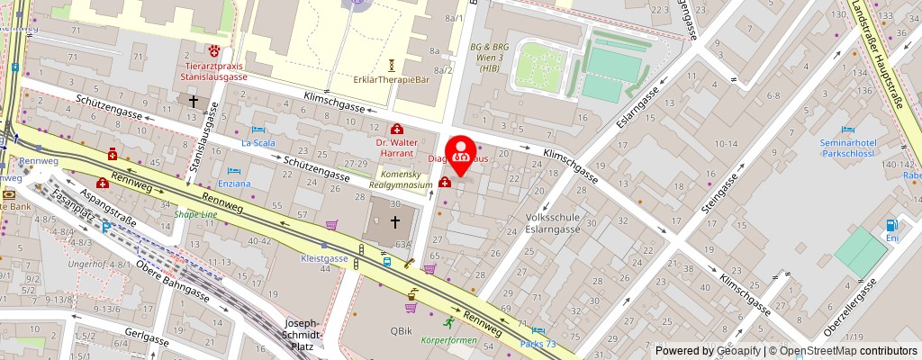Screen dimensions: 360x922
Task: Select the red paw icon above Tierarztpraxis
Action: (x=214, y=50)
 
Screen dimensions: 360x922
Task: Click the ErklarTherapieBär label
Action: (x=392, y=79)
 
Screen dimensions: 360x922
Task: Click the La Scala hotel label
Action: (x=258, y=142)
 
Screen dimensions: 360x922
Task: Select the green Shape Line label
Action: (x=195, y=214)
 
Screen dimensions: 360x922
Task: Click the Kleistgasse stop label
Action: (x=323, y=258)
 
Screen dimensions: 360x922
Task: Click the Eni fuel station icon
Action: (x=892, y=225)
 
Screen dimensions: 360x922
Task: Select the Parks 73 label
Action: (x=543, y=345)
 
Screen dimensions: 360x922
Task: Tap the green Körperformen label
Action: (x=448, y=341)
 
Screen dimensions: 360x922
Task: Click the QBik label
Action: (x=401, y=330)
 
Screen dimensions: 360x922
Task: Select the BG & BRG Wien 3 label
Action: (x=490, y=57)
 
